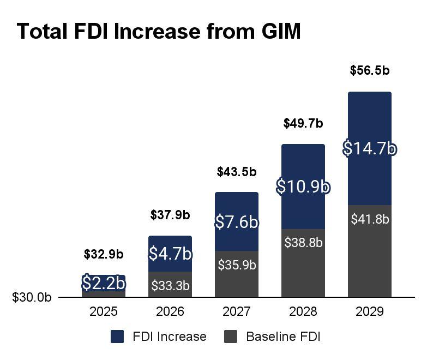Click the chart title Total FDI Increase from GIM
click(x=159, y=31)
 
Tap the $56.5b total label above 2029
click(x=370, y=70)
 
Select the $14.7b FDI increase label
click(x=370, y=148)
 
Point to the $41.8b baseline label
click(x=370, y=219)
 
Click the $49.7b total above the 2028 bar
click(x=303, y=123)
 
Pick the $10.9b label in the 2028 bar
click(x=303, y=186)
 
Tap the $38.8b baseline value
click(x=303, y=243)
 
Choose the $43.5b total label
click(x=236, y=172)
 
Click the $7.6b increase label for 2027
click(x=236, y=222)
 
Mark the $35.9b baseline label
click(x=237, y=265)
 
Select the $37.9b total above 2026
click(x=170, y=215)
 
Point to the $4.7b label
click(x=170, y=254)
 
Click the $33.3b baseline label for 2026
click(x=170, y=285)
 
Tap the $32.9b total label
click(x=103, y=254)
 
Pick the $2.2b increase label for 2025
click(x=104, y=283)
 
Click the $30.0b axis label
click(x=32, y=297)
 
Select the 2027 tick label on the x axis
click(x=236, y=311)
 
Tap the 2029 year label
click(x=370, y=311)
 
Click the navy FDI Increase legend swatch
click(x=117, y=337)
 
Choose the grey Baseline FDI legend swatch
click(x=231, y=337)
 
